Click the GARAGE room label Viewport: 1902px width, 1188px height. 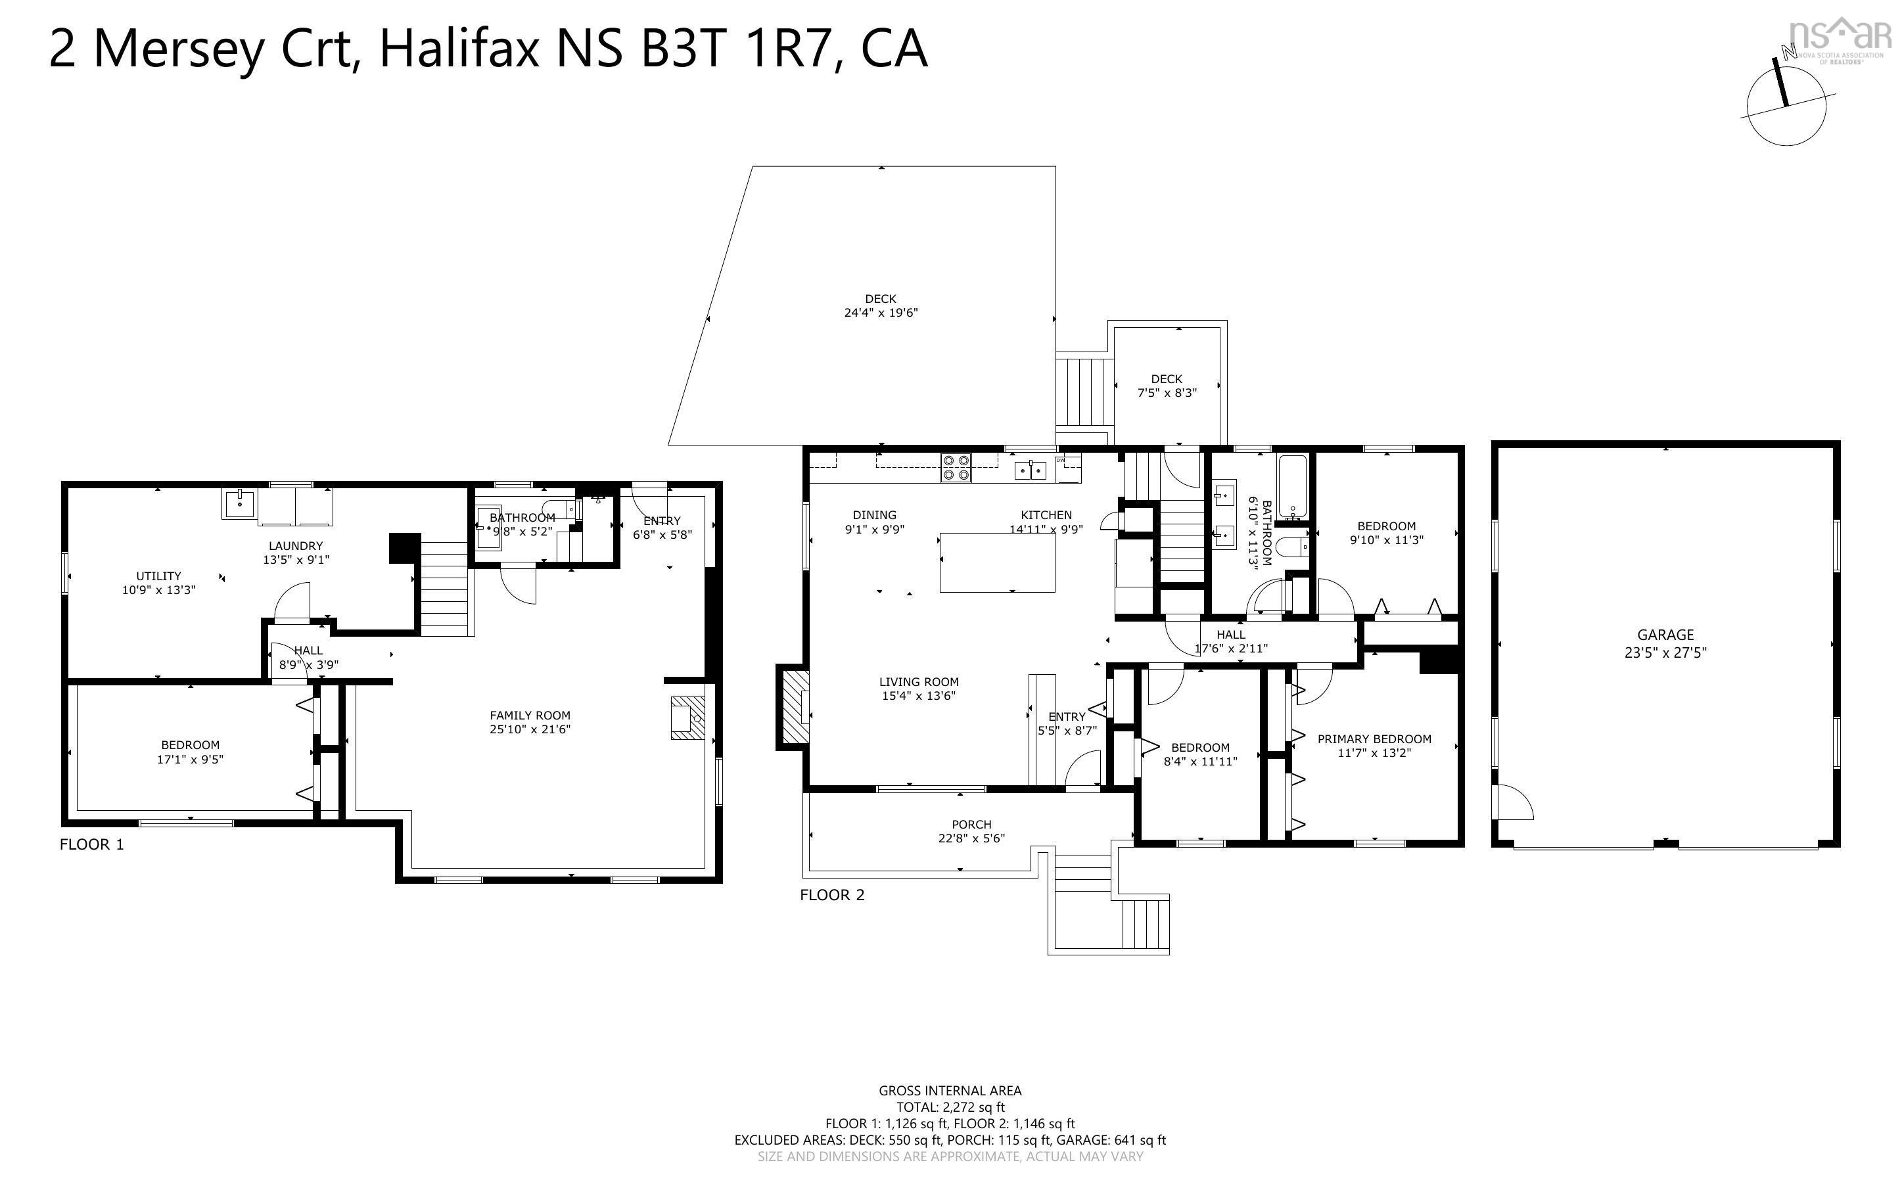click(1665, 635)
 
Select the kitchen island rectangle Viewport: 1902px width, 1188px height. click(997, 562)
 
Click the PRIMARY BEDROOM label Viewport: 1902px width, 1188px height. click(1374, 739)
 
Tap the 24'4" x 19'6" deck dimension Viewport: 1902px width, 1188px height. click(880, 313)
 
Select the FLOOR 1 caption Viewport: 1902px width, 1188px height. click(92, 844)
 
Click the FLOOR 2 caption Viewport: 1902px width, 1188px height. click(832, 895)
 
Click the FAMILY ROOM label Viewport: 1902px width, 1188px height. click(530, 715)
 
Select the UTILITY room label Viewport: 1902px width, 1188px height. click(158, 576)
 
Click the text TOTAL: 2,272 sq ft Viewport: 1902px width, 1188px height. click(950, 1107)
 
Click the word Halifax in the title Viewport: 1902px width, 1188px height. click(459, 49)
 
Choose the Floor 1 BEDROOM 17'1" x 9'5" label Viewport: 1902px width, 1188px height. click(190, 745)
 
